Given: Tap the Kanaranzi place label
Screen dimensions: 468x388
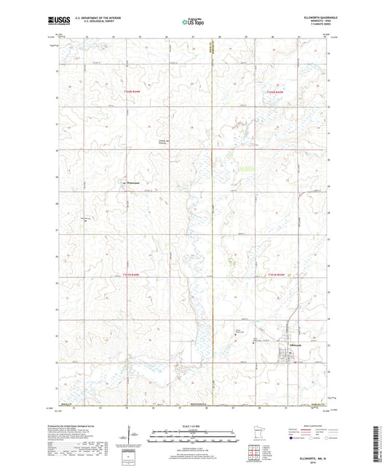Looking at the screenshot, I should pyautogui.click(x=132, y=182).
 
